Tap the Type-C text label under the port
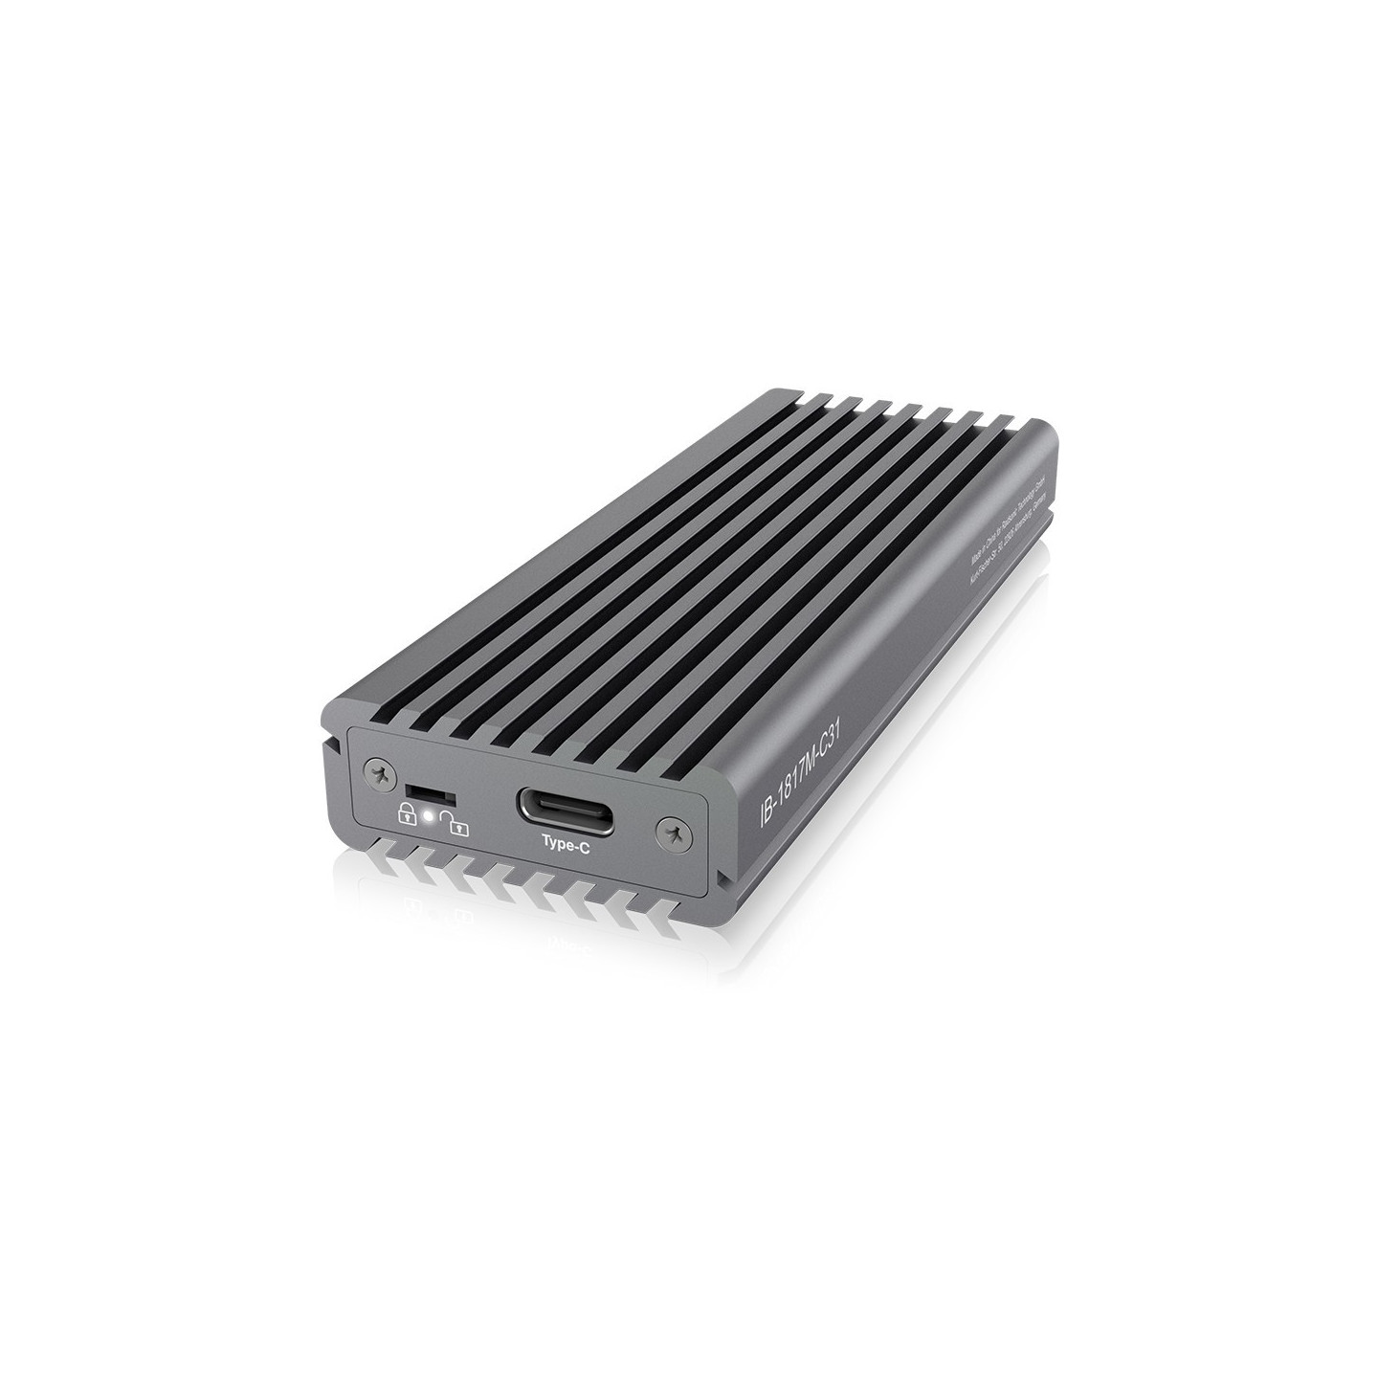coord(565,842)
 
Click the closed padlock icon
coord(407,815)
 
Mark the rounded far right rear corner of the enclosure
coord(1049,434)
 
